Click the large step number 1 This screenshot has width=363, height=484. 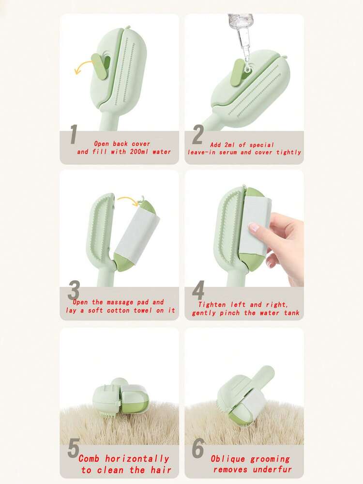coord(73,134)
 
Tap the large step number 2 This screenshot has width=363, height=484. coord(198,135)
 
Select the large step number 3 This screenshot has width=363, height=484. coord(74,290)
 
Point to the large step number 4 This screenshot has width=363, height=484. coord(198,290)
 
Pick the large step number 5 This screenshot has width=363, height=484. coord(74,448)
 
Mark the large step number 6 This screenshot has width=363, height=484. coord(198,448)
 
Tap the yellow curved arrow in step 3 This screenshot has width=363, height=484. coord(128,200)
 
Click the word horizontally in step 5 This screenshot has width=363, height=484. coord(137,459)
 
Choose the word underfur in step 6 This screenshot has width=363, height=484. coord(272,470)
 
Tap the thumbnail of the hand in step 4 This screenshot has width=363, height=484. coord(254,228)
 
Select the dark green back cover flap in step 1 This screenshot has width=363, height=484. coord(100,65)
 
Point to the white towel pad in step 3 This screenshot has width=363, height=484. coord(137,235)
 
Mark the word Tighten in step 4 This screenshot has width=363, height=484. coord(212,305)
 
